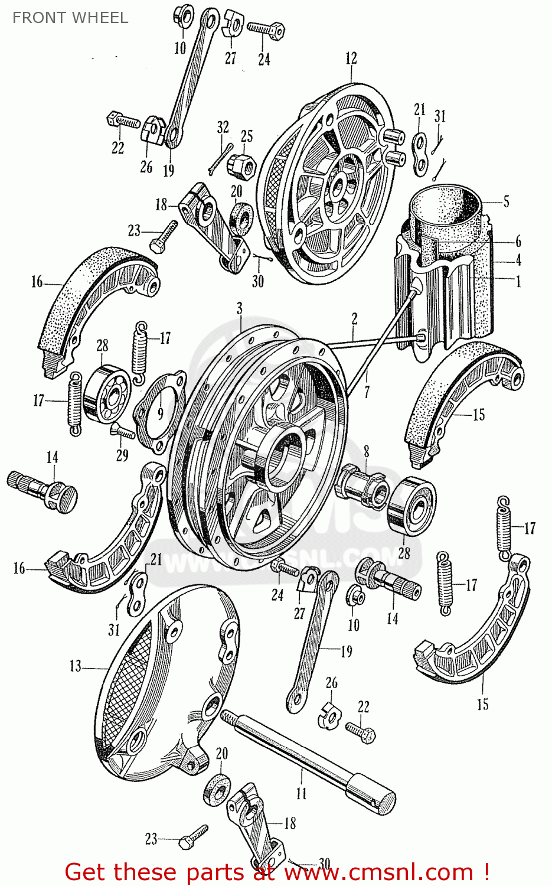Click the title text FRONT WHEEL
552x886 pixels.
point(70,18)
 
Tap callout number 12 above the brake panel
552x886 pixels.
point(351,58)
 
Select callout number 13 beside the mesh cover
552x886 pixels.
point(76,666)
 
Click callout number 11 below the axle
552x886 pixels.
point(302,793)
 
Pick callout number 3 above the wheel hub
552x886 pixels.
point(240,308)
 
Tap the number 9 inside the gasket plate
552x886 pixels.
point(160,412)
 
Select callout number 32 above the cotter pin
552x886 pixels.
point(223,127)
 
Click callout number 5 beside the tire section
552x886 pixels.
point(506,201)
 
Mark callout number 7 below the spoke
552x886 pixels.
point(367,391)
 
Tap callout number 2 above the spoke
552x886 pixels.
point(354,320)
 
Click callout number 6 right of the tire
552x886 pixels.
point(518,241)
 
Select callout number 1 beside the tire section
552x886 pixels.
point(518,282)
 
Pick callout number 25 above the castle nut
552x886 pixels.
point(247,136)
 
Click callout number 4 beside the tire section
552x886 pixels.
point(518,259)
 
